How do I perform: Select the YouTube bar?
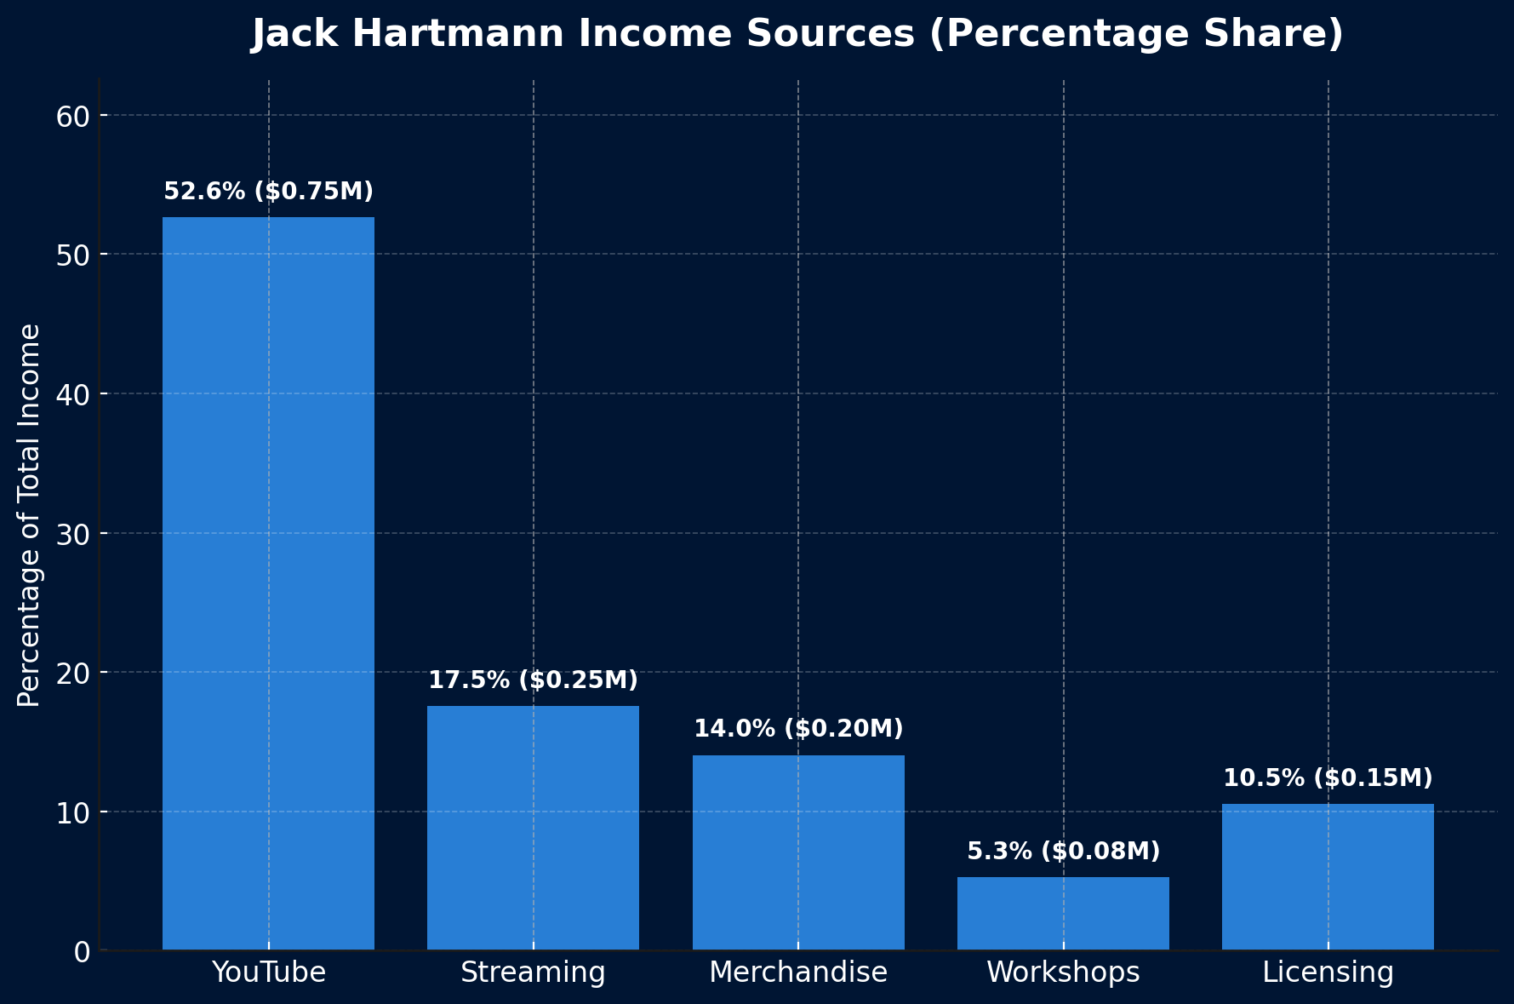click(268, 583)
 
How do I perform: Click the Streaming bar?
click(533, 828)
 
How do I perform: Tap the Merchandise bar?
click(798, 852)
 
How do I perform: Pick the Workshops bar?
click(1063, 914)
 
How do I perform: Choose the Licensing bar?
click(1328, 877)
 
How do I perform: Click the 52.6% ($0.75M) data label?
click(268, 192)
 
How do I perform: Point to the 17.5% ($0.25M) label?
click(533, 680)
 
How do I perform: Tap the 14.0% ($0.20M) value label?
click(798, 729)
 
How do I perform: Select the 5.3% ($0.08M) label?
click(1063, 852)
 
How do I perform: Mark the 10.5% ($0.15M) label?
click(1328, 778)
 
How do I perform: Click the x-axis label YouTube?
click(268, 972)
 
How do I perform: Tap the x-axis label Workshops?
click(1063, 972)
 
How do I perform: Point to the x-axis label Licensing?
click(1328, 972)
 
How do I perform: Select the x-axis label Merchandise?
click(798, 972)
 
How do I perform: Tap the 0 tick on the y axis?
click(82, 951)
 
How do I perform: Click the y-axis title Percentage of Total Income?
click(29, 515)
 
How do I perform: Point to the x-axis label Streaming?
click(533, 972)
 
